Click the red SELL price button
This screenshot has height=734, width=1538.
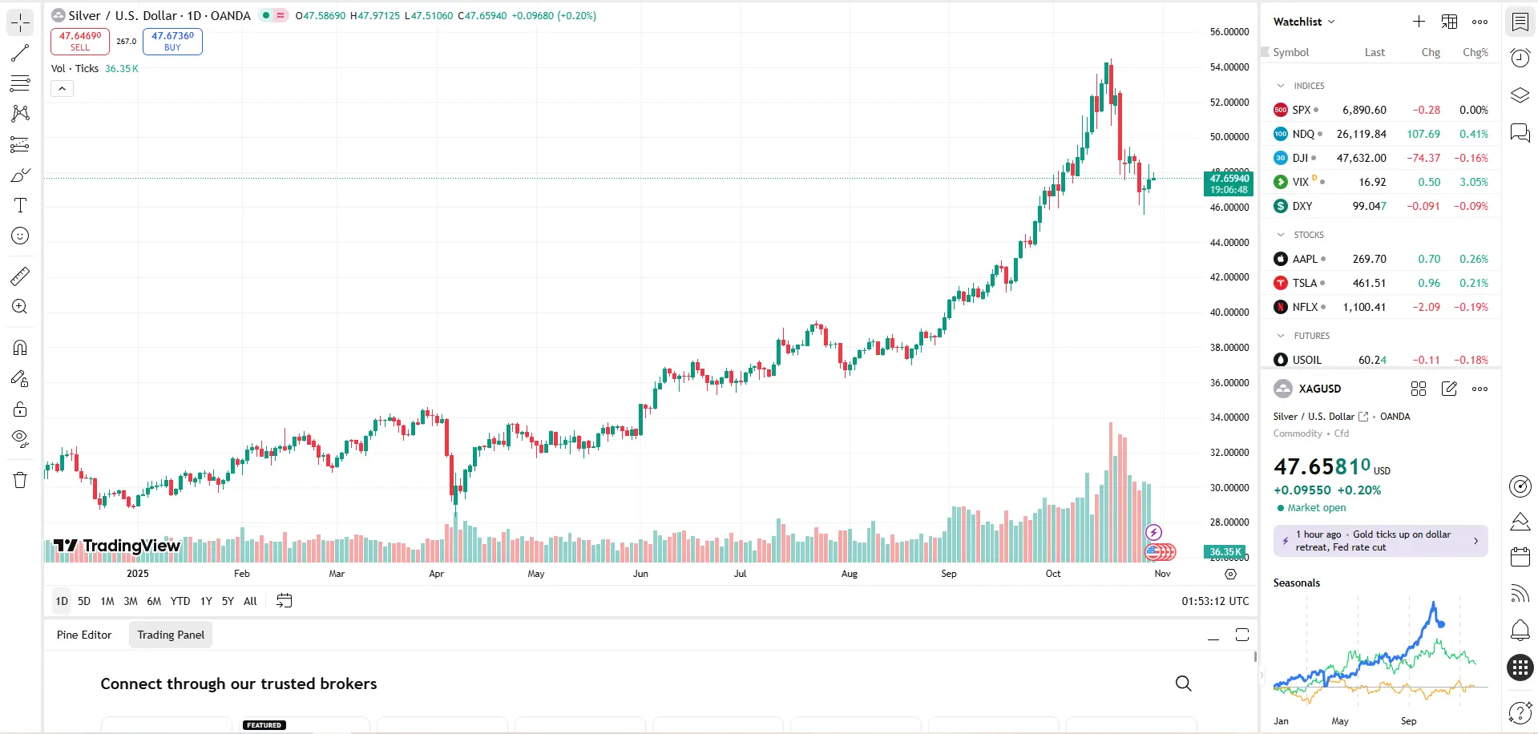tap(80, 41)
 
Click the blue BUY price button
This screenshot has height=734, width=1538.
tap(172, 41)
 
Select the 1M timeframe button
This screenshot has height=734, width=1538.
tap(107, 601)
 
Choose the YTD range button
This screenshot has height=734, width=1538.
tap(180, 601)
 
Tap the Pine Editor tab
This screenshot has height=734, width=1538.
tap(84, 635)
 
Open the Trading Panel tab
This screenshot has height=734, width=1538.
tap(171, 635)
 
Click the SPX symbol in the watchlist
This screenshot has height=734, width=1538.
tap(1301, 110)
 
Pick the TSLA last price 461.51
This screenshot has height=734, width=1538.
tap(1369, 283)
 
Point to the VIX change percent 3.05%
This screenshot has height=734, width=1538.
tap(1473, 182)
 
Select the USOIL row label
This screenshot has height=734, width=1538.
tap(1306, 360)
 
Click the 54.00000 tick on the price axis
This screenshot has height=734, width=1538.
tap(1229, 67)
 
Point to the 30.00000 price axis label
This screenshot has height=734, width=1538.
tap(1229, 488)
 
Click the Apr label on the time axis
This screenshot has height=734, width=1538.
tap(436, 574)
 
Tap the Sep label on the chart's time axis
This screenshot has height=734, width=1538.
tap(949, 574)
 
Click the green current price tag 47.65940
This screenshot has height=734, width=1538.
tap(1229, 183)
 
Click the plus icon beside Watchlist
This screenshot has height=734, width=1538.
tap(1419, 22)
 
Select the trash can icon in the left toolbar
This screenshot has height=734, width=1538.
tap(20, 480)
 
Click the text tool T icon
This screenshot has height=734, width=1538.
tap(20, 205)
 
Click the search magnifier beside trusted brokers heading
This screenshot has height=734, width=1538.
tap(1183, 684)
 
